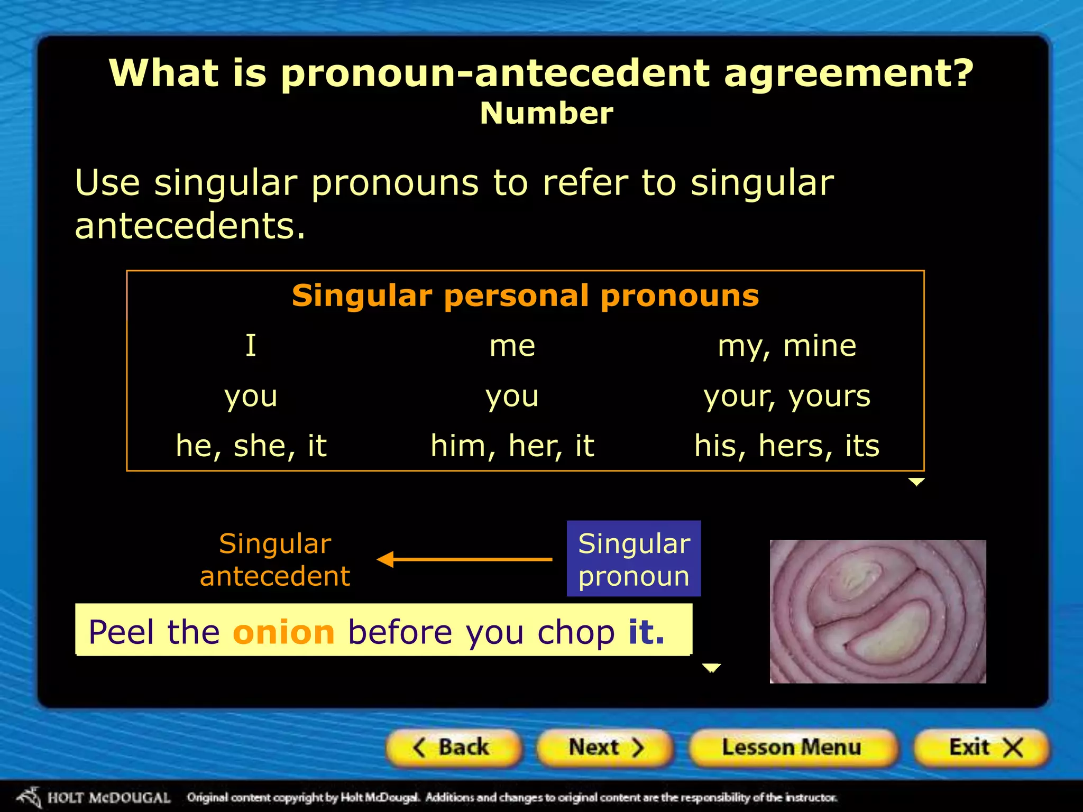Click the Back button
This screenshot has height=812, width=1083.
coord(453,748)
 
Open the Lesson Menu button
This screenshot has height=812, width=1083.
coord(792,748)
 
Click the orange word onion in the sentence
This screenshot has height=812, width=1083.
coord(283,632)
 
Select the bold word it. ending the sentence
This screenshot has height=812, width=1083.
coord(646,632)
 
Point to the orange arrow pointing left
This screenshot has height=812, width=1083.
coord(464,559)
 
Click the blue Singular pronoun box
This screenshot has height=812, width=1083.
coord(634,559)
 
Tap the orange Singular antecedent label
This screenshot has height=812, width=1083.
coord(275,559)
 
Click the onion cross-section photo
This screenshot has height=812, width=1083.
coord(878,611)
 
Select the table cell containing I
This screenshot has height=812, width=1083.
coord(251,346)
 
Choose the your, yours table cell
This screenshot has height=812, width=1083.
coord(787,396)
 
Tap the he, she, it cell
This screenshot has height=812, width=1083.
coord(251,446)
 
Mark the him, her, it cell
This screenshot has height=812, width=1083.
coord(512,446)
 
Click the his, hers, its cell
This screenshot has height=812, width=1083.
coord(787,446)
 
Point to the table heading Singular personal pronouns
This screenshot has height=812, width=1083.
coord(525,296)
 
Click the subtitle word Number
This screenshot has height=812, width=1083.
coord(546,113)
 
